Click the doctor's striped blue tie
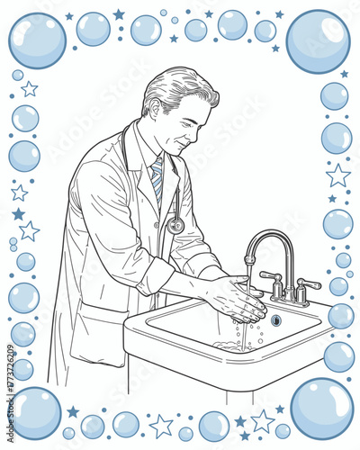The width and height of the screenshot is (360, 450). [x=157, y=178]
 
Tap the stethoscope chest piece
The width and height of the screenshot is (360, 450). [x=175, y=226]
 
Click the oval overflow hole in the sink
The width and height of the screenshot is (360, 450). [x=276, y=319]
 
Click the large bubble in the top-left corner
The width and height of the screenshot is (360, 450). [x=37, y=40]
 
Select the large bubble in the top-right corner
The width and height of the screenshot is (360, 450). [x=318, y=41]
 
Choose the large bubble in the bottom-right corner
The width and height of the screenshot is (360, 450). [x=321, y=409]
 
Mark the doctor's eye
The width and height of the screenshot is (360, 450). [x=200, y=112]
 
